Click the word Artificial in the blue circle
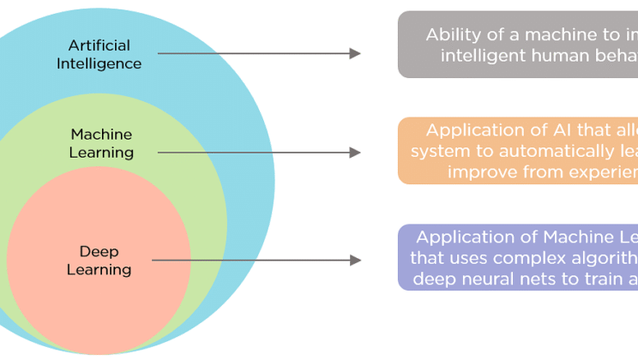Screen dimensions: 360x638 pos(99,45)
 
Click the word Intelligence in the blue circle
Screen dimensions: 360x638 pos(99,63)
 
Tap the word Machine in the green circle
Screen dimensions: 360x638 pos(102,135)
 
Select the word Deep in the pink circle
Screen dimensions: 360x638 pos(99,251)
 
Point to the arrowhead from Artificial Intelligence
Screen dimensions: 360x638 pos(355,53)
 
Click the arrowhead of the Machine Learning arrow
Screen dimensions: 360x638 pos(355,153)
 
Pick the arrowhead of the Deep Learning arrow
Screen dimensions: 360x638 pos(355,260)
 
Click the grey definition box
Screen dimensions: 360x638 pos(517,45)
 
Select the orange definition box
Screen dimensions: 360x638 pos(517,151)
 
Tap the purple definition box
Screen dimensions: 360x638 pos(517,257)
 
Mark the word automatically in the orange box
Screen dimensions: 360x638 pos(539,151)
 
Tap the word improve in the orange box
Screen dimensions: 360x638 pos(478,171)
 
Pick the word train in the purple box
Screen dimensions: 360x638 pos(599,277)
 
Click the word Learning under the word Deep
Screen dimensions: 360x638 pos(99,270)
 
